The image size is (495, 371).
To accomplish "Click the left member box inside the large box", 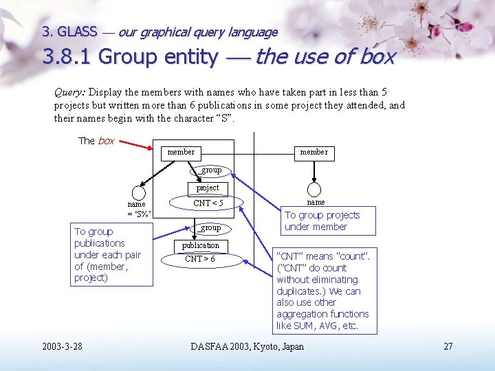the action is [181, 152].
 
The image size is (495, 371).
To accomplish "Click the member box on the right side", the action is [313, 152].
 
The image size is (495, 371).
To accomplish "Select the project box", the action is [207, 188].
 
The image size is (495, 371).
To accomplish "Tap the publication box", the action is [200, 245].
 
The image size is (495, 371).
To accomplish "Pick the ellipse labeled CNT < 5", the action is [208, 203].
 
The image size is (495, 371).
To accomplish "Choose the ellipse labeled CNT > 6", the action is [200, 259].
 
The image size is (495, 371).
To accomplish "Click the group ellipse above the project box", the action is [210, 170].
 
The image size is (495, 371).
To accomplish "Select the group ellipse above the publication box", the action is [210, 227].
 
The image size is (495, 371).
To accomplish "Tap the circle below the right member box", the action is [314, 190].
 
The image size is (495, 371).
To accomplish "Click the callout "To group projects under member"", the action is [322, 221].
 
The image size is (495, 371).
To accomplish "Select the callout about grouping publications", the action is [110, 255].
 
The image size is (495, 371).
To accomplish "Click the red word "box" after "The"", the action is [106, 141].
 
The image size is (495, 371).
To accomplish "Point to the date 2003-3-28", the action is [62, 346].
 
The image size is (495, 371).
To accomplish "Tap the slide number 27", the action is [448, 346].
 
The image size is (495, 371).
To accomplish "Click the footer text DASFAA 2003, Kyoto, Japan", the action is [247, 346].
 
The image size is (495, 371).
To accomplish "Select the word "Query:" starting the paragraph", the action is [69, 92].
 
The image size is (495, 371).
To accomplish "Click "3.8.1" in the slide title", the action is [67, 57].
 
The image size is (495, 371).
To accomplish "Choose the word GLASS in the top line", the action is [77, 32].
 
